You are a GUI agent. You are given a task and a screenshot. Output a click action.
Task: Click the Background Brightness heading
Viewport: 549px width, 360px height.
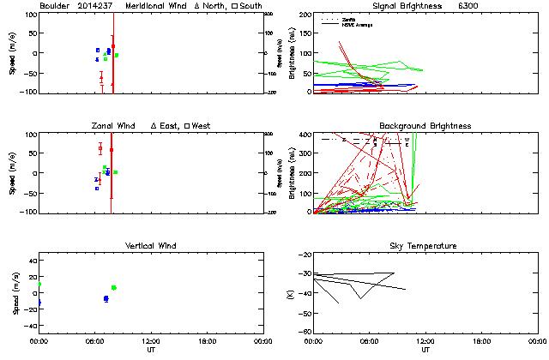(x=425, y=126)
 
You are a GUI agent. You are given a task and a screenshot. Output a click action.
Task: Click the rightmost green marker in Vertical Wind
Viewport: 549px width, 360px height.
(x=114, y=287)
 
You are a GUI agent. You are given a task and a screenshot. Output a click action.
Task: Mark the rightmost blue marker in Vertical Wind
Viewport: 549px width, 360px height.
(x=106, y=298)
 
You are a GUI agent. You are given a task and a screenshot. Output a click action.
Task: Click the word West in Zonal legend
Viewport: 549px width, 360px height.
(x=201, y=126)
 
